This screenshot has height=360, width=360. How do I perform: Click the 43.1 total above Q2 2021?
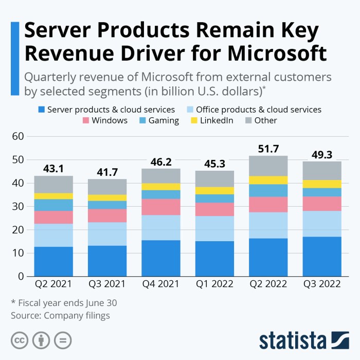(x=53, y=168)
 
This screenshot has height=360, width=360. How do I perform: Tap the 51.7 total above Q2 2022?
(x=268, y=149)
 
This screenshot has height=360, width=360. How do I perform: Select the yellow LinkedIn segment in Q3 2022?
(x=322, y=184)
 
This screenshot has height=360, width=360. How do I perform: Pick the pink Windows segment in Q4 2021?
(x=161, y=207)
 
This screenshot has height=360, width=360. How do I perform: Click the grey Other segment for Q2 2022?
(x=268, y=166)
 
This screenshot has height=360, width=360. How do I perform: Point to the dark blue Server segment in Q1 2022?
(x=214, y=259)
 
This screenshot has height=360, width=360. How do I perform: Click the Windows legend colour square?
(x=85, y=120)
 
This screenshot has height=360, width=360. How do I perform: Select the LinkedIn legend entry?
(x=212, y=120)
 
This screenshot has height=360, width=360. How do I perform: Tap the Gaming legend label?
(x=164, y=120)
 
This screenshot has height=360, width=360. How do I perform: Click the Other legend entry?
(x=265, y=120)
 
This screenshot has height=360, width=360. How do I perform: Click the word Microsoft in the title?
(x=275, y=53)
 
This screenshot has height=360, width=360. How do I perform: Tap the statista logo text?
(x=293, y=341)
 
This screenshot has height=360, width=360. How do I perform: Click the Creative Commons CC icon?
(x=19, y=340)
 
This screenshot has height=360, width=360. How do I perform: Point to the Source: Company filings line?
(x=60, y=315)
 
